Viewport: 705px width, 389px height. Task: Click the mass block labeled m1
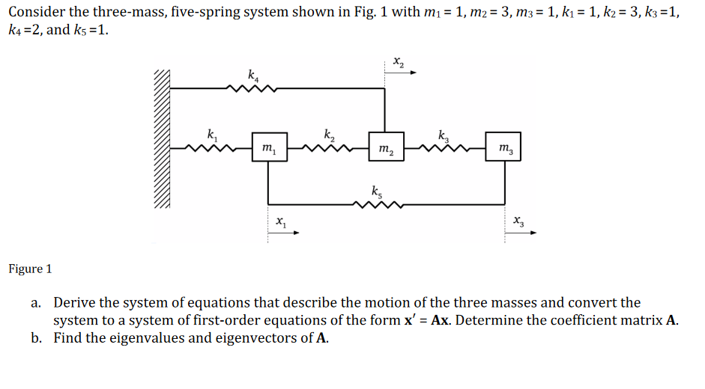coord(268,149)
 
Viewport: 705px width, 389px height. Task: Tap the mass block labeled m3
coord(503,149)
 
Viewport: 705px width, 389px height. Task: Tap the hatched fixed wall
coord(163,138)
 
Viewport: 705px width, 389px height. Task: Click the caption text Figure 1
coord(31,269)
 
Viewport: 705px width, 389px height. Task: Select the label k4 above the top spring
coord(252,74)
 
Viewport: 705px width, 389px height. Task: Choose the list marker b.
coord(35,337)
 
